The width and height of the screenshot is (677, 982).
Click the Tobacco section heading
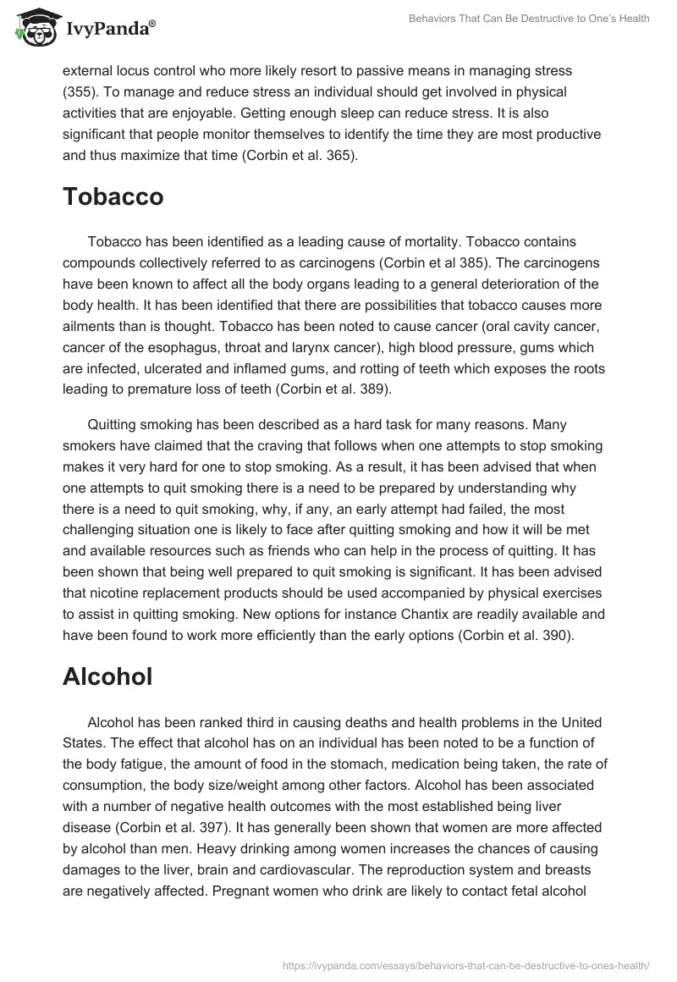113,197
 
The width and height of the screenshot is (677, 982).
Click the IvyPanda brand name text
109,30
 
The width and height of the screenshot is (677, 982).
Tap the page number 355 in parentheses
80,91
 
